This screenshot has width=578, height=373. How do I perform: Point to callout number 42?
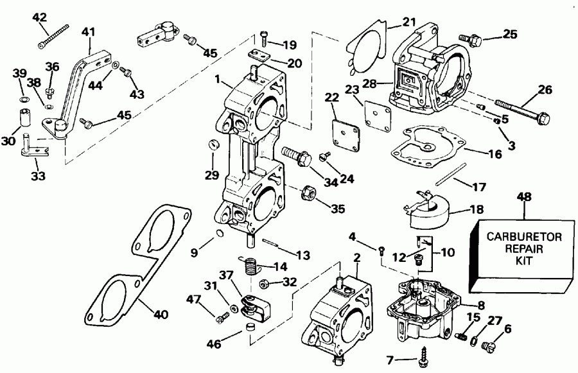40,17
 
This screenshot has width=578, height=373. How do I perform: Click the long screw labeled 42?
54,36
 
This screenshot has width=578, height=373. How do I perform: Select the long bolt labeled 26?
521,110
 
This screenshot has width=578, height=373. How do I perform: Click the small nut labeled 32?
264,283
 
